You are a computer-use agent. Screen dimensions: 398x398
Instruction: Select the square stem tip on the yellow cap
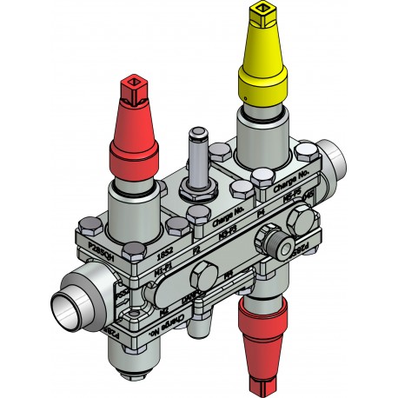(261, 12)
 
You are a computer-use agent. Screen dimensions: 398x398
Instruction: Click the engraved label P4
(262, 211)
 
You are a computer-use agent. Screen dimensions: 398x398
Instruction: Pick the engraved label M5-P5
(293, 201)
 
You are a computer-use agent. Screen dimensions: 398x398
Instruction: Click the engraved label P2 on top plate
(196, 249)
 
